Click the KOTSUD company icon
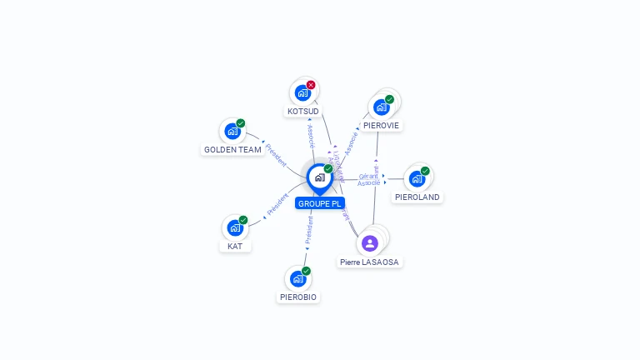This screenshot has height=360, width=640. (302, 92)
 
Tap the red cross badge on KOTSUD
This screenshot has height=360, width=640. (311, 85)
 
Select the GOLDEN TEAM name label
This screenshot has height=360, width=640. (232, 150)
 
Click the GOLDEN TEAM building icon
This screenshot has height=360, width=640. (232, 131)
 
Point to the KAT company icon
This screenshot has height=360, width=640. (235, 227)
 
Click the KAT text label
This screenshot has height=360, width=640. (235, 247)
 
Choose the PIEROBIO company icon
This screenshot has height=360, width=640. (297, 278)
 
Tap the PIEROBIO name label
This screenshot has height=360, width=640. (298, 297)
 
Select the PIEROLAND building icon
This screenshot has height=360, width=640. (417, 178)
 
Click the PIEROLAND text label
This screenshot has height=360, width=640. (417, 197)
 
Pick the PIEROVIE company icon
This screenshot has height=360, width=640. (381, 107)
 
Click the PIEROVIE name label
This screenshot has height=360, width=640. (382, 126)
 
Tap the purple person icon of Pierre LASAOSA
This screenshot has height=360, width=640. (370, 243)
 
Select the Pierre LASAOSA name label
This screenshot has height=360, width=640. (370, 262)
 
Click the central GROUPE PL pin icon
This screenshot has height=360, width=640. (319, 177)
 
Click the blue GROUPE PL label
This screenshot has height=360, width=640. (320, 203)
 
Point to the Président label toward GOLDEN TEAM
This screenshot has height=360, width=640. (276, 154)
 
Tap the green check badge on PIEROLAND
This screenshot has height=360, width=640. (425, 171)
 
